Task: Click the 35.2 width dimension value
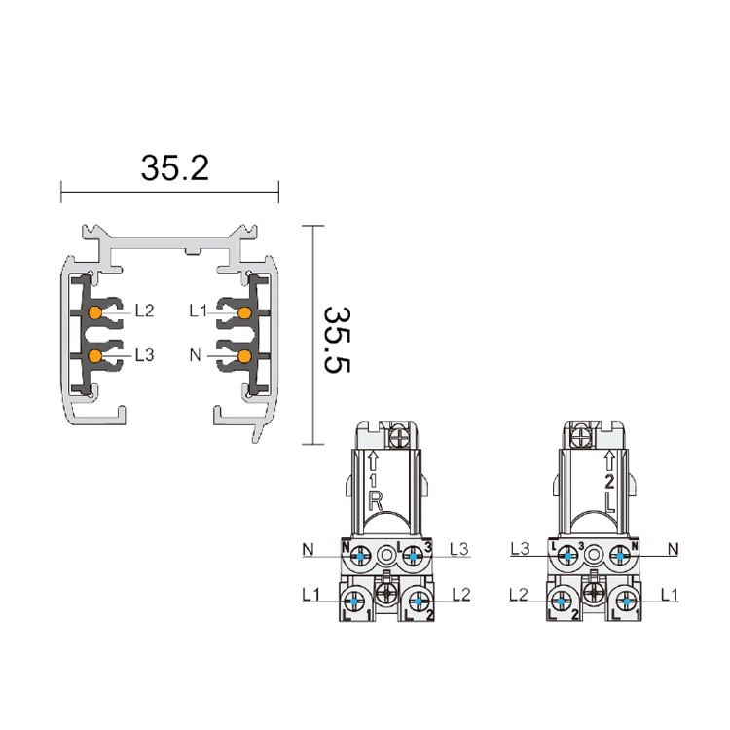[x=175, y=168]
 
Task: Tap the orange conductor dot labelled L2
[x=95, y=312]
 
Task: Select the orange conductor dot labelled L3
[x=95, y=356]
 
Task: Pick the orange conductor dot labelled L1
[x=244, y=312]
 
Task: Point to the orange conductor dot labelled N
[x=244, y=356]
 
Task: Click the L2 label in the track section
[x=144, y=311]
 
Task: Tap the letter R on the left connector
[x=376, y=502]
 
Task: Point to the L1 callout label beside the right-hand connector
[x=670, y=594]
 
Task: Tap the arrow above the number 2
[x=609, y=460]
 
